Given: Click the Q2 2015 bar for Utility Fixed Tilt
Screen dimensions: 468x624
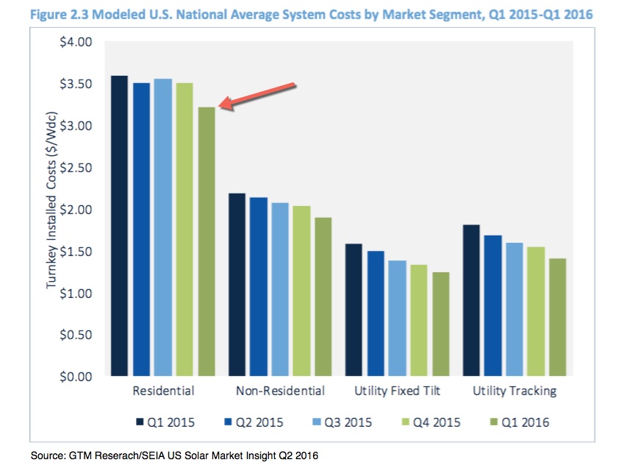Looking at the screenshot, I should (376, 313).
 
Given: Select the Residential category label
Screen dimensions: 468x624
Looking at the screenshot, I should (163, 391).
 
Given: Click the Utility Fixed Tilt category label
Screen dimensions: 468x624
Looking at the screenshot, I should (397, 391).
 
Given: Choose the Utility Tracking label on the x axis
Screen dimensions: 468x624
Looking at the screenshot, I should (514, 391).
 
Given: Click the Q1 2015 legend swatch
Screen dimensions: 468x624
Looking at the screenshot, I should (140, 422).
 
